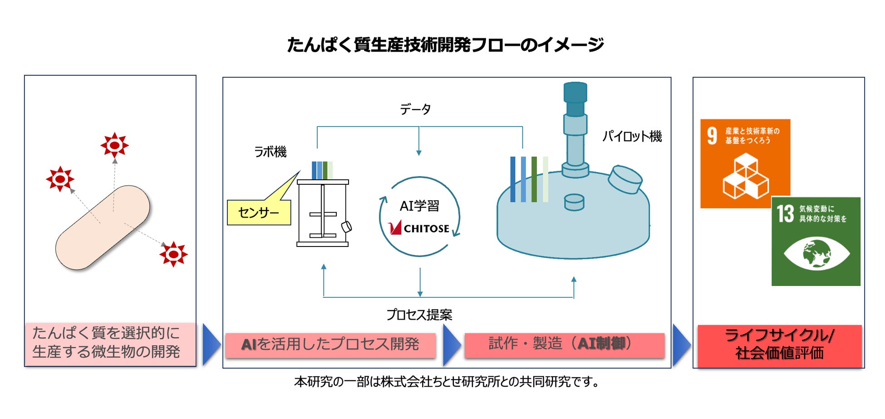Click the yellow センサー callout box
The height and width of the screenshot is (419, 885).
coord(259,212)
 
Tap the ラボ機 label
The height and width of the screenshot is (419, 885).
coord(270,152)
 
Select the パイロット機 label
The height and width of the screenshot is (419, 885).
coord(632,136)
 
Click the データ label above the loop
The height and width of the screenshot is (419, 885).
coord(415,109)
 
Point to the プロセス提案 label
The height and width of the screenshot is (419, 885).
coord(419,315)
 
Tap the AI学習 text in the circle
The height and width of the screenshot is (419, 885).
coord(419,206)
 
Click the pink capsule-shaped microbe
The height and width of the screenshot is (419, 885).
coord(103,227)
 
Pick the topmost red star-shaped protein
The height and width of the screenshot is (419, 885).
coord(114,145)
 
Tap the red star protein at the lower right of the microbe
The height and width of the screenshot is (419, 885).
coord(173,254)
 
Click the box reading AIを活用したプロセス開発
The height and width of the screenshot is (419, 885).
coord(330,345)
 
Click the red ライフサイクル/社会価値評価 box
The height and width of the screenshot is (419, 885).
coord(779,345)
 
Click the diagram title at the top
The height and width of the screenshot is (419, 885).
coord(445,44)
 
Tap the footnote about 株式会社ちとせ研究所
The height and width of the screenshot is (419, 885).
coord(446,382)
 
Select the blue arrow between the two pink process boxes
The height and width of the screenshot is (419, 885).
coord(451,345)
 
